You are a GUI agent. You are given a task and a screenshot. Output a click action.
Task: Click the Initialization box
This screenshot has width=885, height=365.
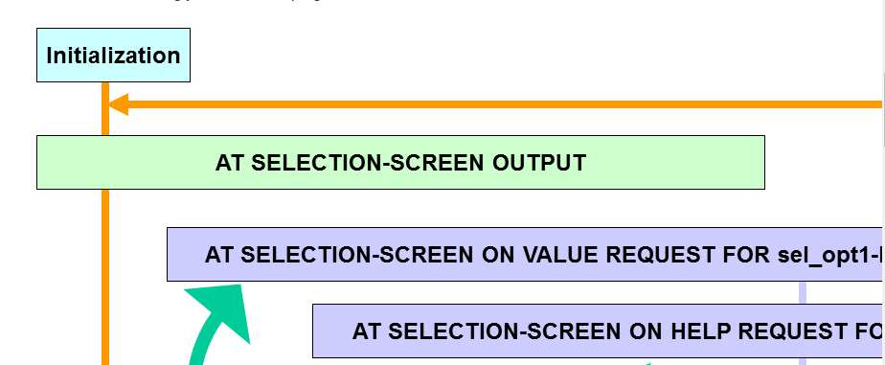[x=113, y=56]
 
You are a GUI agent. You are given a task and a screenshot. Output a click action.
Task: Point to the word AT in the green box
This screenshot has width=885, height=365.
[x=230, y=163]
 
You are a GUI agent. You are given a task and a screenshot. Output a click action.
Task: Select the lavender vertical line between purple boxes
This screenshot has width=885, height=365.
[x=803, y=292]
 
